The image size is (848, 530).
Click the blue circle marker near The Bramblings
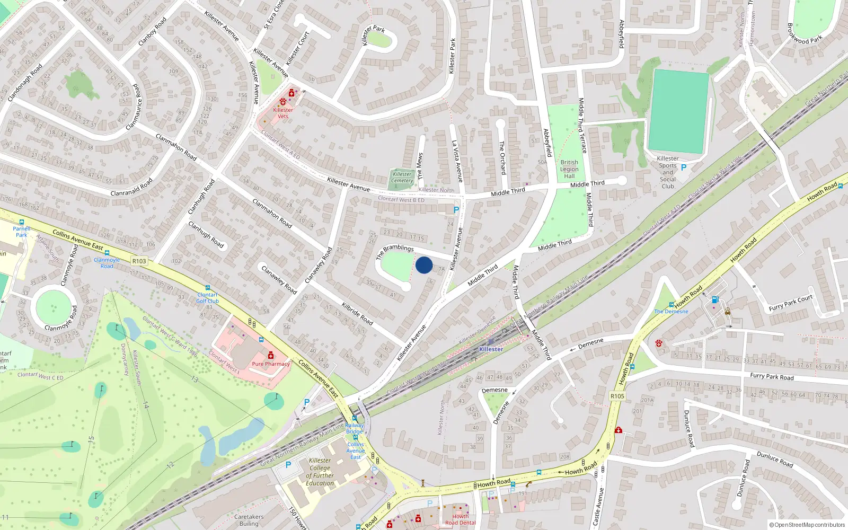coord(424,265)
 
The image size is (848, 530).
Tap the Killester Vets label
coord(283,113)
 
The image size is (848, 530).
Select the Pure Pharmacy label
coord(271,364)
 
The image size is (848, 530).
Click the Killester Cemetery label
coord(402,178)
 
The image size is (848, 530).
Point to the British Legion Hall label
coord(569,169)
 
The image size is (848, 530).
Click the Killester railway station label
coord(491,349)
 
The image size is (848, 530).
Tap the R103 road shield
coord(139,261)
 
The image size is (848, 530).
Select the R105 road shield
coord(617,396)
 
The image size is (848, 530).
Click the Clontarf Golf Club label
coord(207,298)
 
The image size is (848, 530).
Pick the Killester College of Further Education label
coord(320,472)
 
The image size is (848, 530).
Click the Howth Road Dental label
coord(460,519)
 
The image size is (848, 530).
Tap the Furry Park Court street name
coord(790,303)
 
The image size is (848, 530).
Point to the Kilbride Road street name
coord(357,313)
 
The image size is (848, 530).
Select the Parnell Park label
coord(21,232)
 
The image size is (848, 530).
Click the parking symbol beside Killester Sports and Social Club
coord(684,167)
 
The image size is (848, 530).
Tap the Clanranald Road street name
coord(131,187)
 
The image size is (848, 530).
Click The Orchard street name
coord(502,157)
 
